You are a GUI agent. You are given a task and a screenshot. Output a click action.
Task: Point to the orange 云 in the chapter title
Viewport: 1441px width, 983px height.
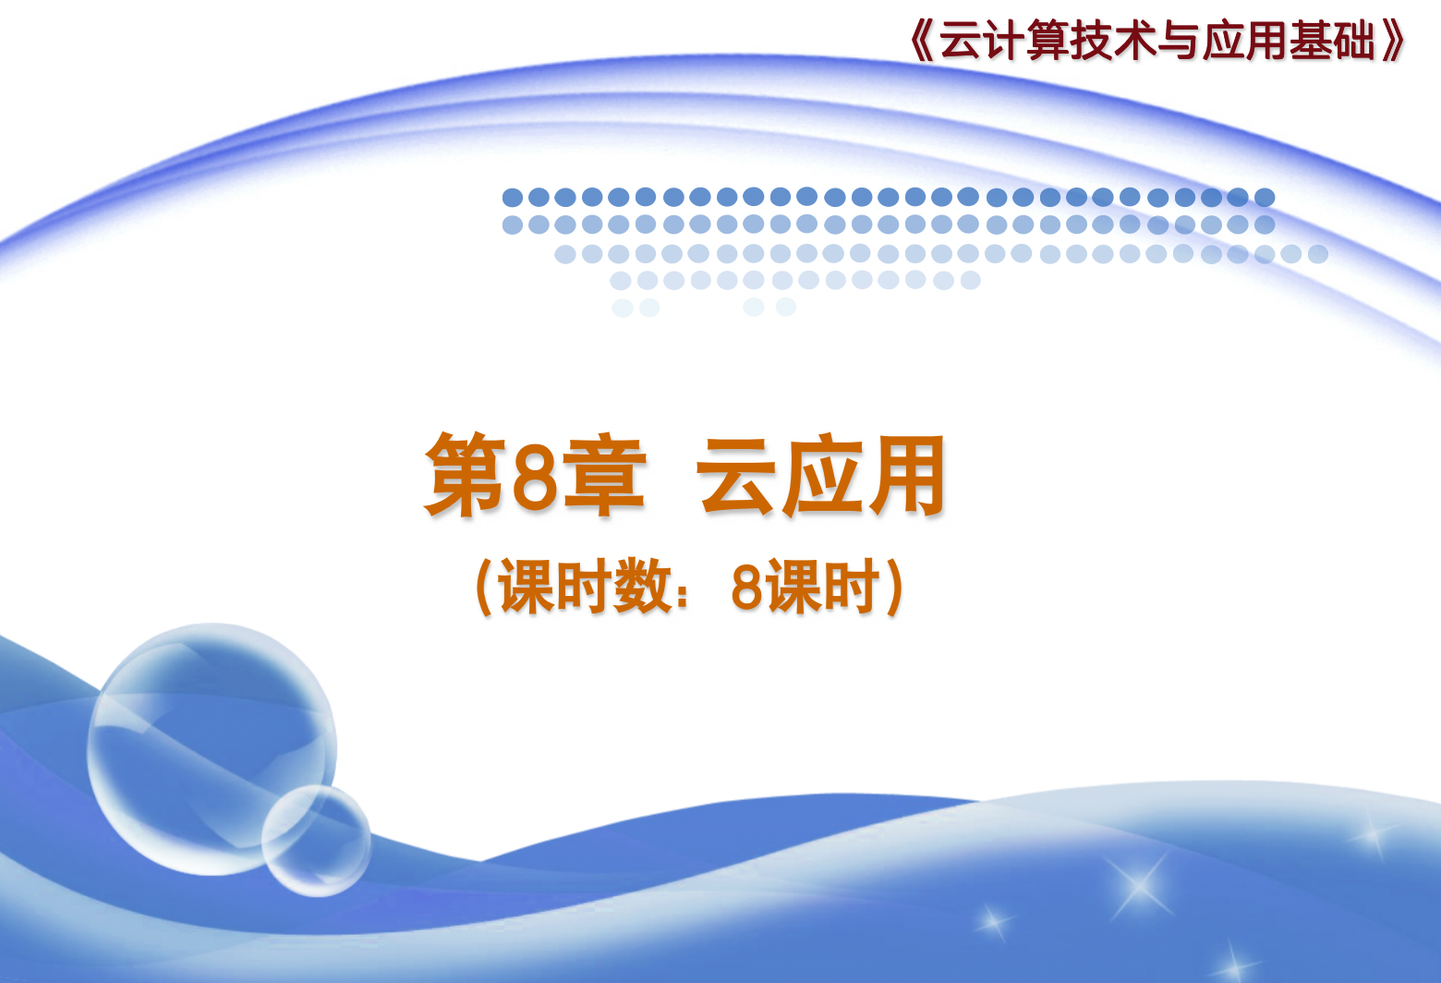point(736,476)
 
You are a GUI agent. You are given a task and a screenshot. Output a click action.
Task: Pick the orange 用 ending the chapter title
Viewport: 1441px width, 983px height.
point(907,475)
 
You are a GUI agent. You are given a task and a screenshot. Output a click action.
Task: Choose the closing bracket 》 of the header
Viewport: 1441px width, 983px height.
point(1393,41)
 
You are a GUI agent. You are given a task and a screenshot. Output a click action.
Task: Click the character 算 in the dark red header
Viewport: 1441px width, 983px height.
point(1047,41)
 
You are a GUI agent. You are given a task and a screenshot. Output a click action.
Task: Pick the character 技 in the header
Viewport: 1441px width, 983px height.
point(1092,41)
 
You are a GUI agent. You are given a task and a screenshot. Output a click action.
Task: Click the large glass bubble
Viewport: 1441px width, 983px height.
point(212,749)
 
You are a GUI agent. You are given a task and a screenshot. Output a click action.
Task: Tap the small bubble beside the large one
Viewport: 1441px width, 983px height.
point(316,841)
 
